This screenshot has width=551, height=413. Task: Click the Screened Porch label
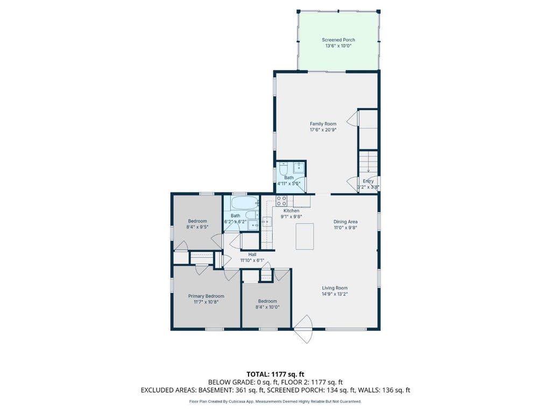338,40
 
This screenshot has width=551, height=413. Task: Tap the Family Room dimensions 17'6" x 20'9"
323,130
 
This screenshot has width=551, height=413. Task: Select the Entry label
368,181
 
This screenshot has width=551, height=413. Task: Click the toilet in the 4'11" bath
284,168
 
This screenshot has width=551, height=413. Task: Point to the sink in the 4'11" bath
299,168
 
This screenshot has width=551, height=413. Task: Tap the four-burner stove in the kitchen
281,201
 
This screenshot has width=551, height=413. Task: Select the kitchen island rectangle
305,237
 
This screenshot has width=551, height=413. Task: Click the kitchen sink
267,222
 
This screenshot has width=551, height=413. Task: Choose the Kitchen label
291,211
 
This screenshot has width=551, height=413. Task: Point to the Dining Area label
345,222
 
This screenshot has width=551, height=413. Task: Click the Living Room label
335,288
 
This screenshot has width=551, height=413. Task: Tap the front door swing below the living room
303,329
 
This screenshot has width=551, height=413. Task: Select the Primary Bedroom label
206,296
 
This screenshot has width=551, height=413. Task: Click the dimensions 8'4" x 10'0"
267,307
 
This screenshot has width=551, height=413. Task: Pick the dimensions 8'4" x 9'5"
197,227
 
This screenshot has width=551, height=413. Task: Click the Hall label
252,254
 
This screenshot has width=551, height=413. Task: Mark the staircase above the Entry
368,162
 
